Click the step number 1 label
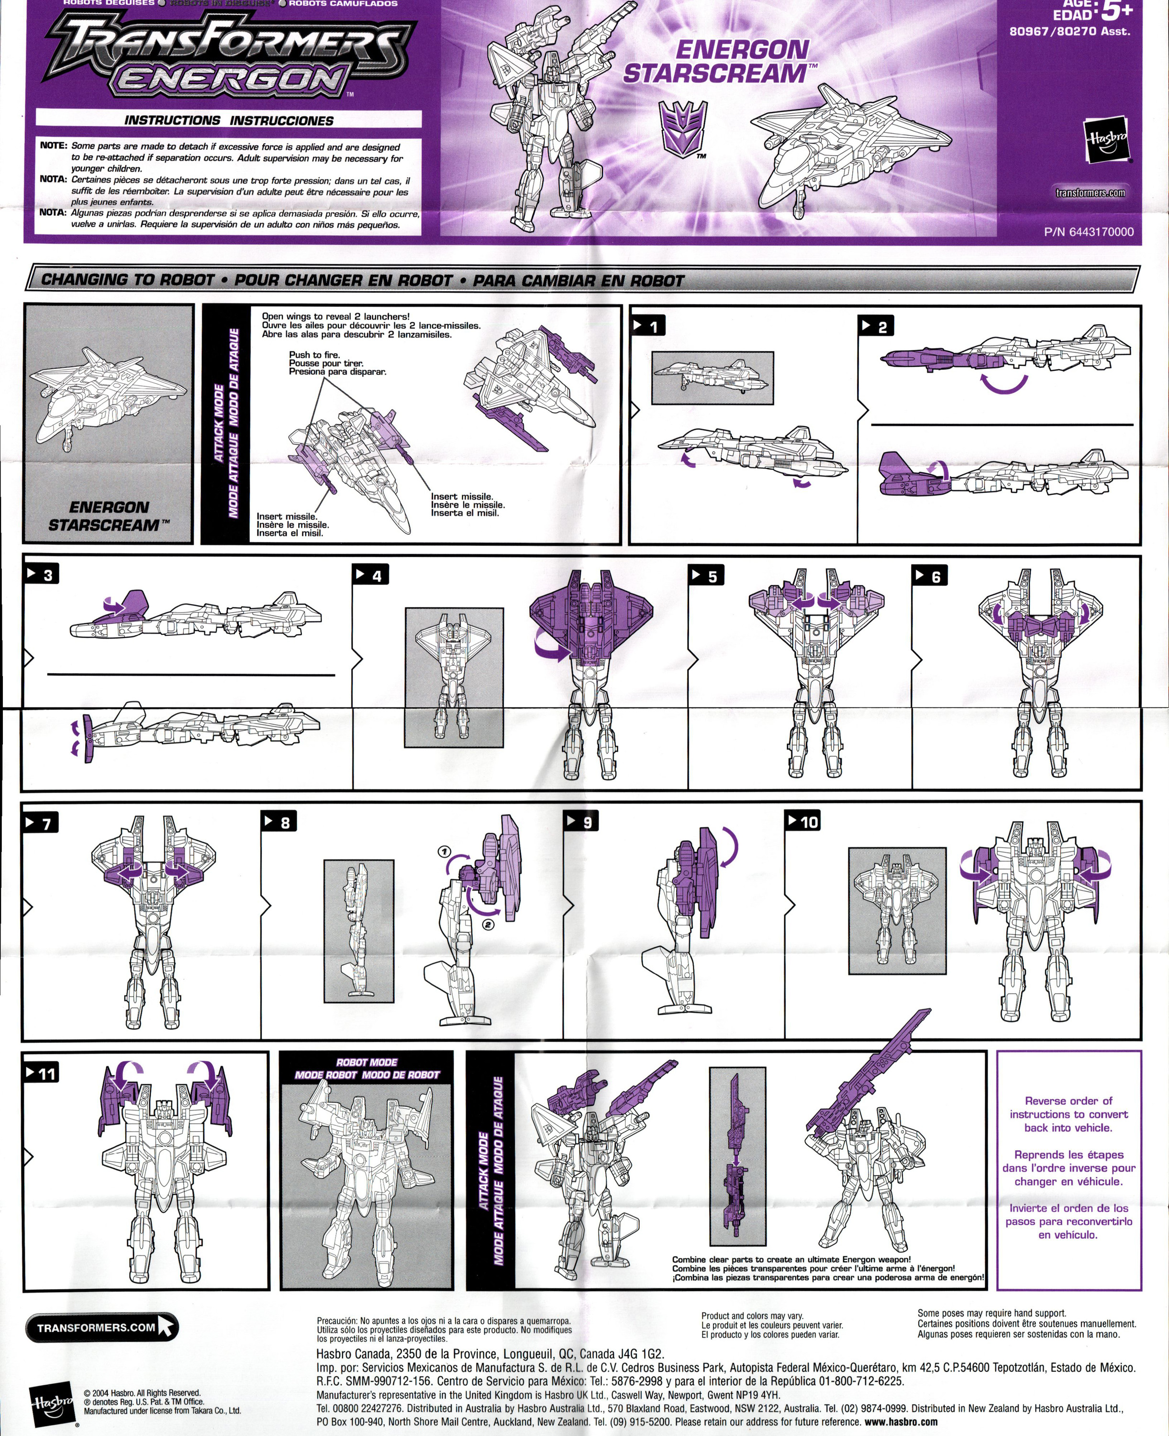coord(648,326)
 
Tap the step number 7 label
coord(40,823)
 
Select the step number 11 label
coord(41,1073)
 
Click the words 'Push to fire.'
coord(314,355)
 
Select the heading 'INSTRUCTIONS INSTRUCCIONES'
coord(229,121)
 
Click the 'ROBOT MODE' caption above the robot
coord(367,1062)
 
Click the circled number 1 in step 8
coord(445,852)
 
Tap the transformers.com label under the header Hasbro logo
coord(1090,192)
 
